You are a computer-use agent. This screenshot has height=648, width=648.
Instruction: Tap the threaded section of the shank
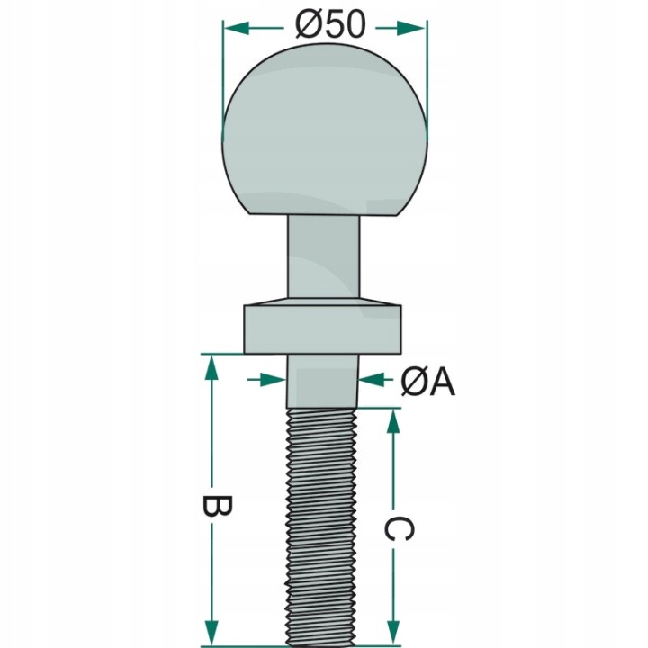(324, 522)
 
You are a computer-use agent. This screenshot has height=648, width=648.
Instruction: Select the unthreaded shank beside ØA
(324, 385)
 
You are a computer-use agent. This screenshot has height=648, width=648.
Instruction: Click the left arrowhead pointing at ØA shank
(274, 381)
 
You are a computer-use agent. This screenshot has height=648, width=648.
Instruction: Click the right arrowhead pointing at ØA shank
(372, 381)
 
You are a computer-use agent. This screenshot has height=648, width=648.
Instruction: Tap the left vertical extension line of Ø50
(223, 72)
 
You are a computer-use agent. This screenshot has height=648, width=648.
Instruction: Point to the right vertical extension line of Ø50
(426, 72)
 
